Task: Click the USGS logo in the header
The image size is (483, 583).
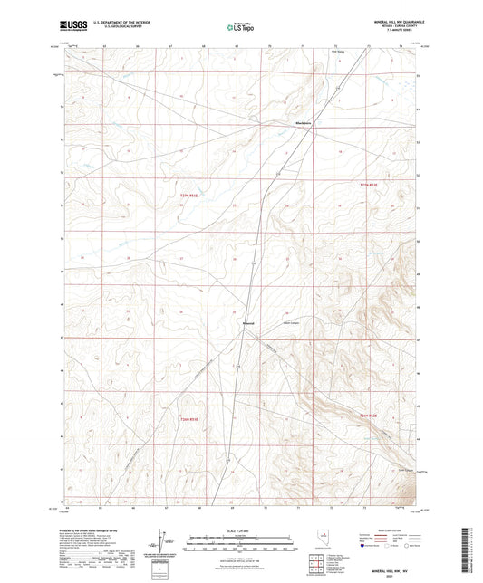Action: pyautogui.click(x=72, y=26)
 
